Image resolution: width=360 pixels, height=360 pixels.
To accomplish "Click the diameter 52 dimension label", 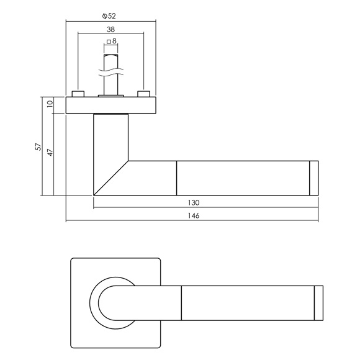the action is [x=109, y=16].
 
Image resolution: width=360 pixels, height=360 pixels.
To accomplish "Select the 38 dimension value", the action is [x=110, y=29].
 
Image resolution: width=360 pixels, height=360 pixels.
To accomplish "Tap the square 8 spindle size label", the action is [x=112, y=41].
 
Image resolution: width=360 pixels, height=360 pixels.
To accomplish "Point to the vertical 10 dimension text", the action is [x=50, y=104].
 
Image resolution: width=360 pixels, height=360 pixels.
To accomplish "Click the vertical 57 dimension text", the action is [x=38, y=146].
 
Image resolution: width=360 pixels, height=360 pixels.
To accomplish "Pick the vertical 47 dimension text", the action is [x=50, y=153].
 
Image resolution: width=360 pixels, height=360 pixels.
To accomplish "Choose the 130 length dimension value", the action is [x=194, y=203].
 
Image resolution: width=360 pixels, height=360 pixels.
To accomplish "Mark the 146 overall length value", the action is [x=194, y=216].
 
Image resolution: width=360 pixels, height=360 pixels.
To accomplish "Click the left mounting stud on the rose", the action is [x=78, y=94].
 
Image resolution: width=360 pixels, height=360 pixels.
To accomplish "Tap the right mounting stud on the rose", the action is [x=144, y=94].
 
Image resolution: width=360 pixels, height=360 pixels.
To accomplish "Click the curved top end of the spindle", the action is [x=111, y=56].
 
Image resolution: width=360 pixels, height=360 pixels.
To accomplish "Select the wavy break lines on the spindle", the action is [x=111, y=72].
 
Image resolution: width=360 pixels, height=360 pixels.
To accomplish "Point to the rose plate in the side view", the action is [x=111, y=105].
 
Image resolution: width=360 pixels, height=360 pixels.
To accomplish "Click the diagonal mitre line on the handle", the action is [x=111, y=178].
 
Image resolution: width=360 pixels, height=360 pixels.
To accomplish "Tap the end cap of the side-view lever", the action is [x=314, y=178].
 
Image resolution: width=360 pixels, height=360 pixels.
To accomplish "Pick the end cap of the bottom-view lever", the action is [x=318, y=303].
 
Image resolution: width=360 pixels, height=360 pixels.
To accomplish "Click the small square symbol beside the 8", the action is [x=109, y=42].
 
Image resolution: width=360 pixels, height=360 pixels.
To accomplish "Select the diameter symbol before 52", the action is [x=105, y=16].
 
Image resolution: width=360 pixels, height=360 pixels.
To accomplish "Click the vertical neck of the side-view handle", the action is [x=111, y=138].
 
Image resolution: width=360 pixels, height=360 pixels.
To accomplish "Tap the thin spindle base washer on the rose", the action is [x=111, y=96].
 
